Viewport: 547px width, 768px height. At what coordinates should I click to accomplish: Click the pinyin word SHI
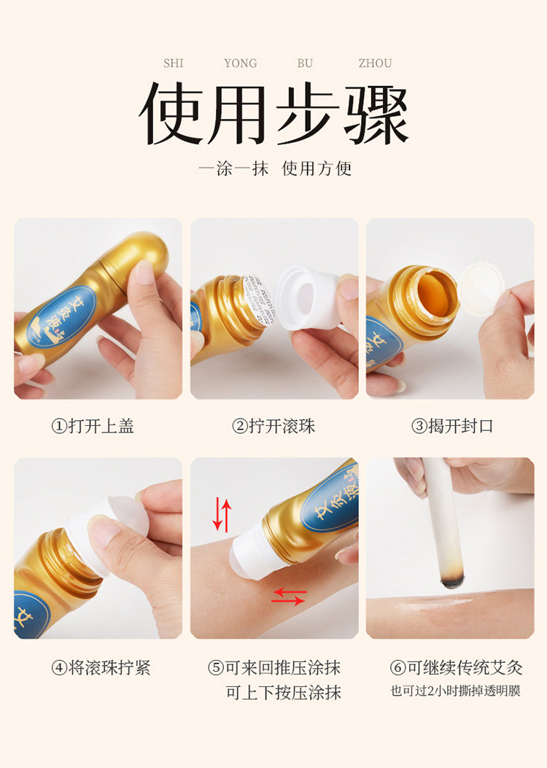174,63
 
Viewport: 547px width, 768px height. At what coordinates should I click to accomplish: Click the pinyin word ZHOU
375,63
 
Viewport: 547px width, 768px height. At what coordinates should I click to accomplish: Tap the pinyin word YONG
241,63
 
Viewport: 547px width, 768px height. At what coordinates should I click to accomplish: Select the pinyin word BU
305,63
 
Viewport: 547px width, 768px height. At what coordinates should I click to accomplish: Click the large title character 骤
376,115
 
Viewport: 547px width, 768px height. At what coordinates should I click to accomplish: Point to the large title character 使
171,115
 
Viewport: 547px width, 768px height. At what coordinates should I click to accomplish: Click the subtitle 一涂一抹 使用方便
275,168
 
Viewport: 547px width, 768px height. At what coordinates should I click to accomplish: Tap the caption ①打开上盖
93,426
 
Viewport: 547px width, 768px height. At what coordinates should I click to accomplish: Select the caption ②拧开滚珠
273,426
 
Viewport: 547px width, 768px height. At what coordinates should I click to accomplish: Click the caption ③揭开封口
452,426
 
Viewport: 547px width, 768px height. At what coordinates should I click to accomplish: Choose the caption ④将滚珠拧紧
101,667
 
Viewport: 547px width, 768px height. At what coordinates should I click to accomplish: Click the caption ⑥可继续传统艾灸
457,667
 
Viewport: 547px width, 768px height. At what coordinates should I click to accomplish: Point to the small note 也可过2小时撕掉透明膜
455,691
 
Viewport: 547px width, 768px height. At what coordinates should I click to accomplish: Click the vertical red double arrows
222,515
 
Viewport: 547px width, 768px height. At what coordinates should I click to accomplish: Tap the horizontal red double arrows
289,597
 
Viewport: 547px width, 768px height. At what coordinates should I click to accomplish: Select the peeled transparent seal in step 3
482,288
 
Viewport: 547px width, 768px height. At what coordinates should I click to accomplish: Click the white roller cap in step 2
308,298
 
